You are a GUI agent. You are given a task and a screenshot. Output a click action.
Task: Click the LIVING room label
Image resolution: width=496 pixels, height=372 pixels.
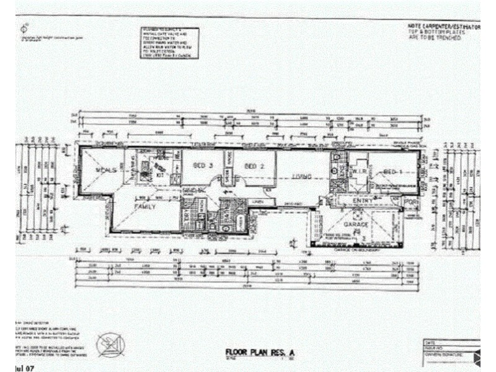click(303, 177)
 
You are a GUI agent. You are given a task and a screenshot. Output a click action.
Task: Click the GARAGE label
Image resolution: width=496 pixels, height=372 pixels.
click(361, 224)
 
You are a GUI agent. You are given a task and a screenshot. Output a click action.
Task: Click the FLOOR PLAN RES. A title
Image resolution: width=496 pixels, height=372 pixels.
click(261, 353)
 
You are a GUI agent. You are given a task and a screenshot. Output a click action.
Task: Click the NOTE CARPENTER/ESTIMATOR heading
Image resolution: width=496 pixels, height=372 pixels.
click(443, 27)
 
